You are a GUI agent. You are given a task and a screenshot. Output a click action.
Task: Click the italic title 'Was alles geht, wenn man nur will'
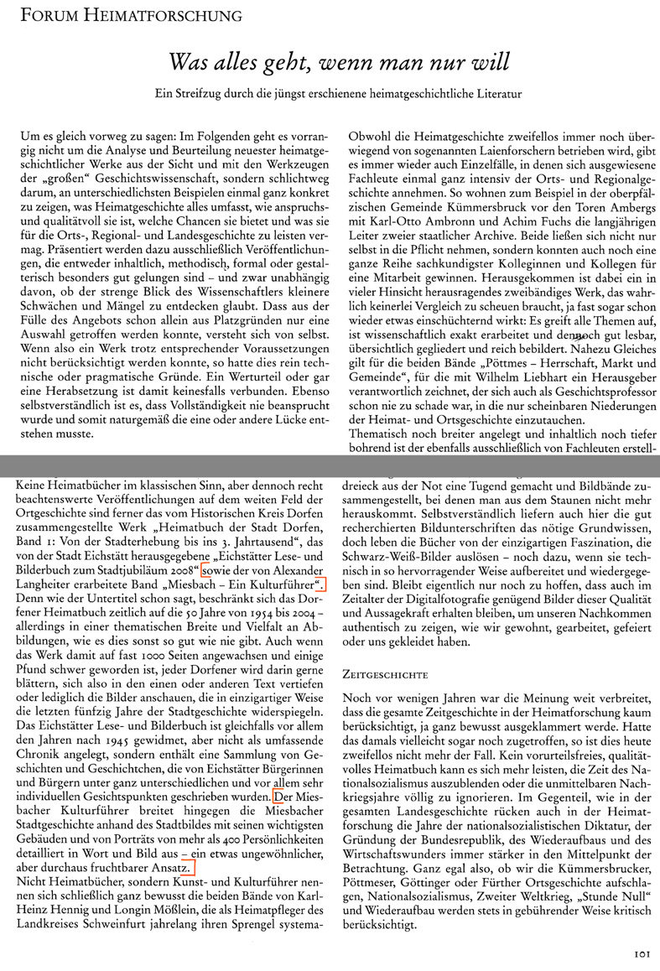click(x=340, y=63)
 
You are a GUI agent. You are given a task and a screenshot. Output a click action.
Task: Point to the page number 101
click(x=641, y=953)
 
